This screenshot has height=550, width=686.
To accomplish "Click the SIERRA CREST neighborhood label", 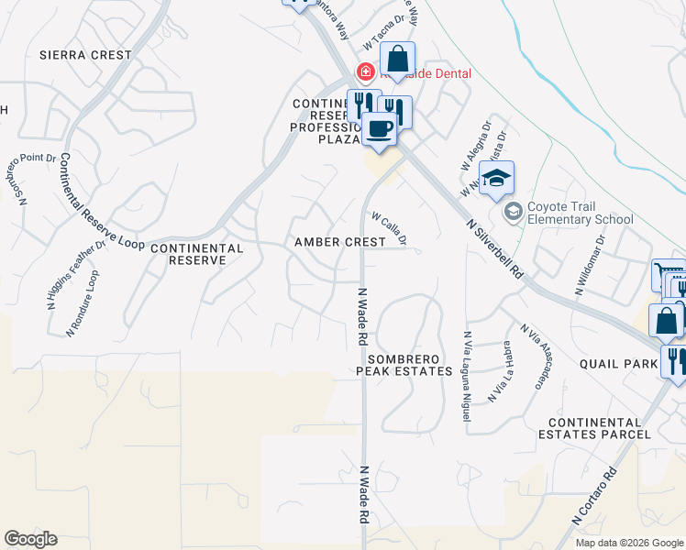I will pyautogui.click(x=85, y=55).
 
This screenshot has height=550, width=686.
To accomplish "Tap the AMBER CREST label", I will pyautogui.click(x=339, y=242).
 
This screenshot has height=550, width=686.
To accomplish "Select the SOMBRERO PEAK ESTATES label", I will pyautogui.click(x=404, y=365).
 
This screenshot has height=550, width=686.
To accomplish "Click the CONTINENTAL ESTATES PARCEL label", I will pyautogui.click(x=599, y=427).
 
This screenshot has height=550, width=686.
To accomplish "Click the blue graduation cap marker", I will pyautogui.click(x=496, y=179).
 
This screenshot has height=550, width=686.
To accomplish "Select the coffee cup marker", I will pyautogui.click(x=379, y=128).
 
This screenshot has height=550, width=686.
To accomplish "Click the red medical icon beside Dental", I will pyautogui.click(x=365, y=71).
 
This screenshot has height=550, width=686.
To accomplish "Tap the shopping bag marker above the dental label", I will pyautogui.click(x=397, y=60).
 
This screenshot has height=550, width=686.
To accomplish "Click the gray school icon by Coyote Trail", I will pyautogui.click(x=513, y=212).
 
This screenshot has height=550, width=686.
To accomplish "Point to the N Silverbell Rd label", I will pyautogui.click(x=493, y=248).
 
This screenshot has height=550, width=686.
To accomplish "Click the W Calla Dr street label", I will pyautogui.click(x=389, y=229).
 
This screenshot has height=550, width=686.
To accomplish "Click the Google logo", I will pyautogui.click(x=30, y=539).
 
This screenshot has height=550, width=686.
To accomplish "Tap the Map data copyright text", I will pyautogui.click(x=628, y=543).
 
